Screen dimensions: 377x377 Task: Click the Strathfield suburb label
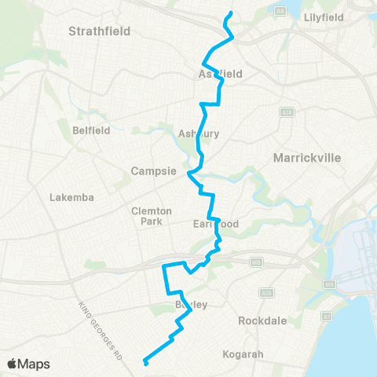pyautogui.click(x=99, y=31)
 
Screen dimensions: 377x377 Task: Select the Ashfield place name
pyautogui.click(x=218, y=74)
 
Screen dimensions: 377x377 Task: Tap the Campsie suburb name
pyautogui.click(x=152, y=171)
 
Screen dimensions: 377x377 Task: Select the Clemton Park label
pyautogui.click(x=146, y=216)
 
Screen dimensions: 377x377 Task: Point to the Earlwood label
pyautogui.click(x=215, y=224)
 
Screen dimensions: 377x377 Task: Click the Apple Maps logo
pyautogui.click(x=28, y=364)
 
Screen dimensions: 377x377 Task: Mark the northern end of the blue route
pyautogui.click(x=230, y=13)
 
